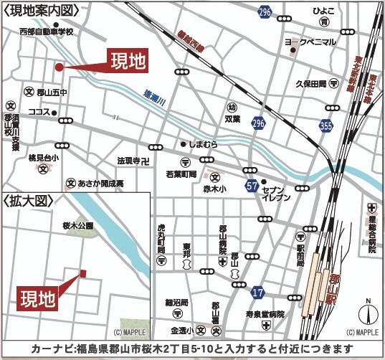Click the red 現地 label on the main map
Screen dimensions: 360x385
(x=128, y=61)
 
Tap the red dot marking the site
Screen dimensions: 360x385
(x=59, y=67)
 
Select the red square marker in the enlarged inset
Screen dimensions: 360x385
(x=83, y=273)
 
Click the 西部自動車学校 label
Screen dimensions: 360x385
(x=47, y=32)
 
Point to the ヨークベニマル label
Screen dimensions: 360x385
(x=310, y=42)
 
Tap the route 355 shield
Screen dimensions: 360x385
(x=327, y=126)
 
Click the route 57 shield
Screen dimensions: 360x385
(x=252, y=186)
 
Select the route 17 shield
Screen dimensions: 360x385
(x=258, y=293)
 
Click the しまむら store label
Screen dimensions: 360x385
(x=203, y=143)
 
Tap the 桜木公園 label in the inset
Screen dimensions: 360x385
(x=78, y=225)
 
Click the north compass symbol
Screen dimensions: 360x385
(x=368, y=313)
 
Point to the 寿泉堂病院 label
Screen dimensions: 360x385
(x=265, y=315)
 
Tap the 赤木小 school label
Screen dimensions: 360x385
(x=214, y=189)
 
